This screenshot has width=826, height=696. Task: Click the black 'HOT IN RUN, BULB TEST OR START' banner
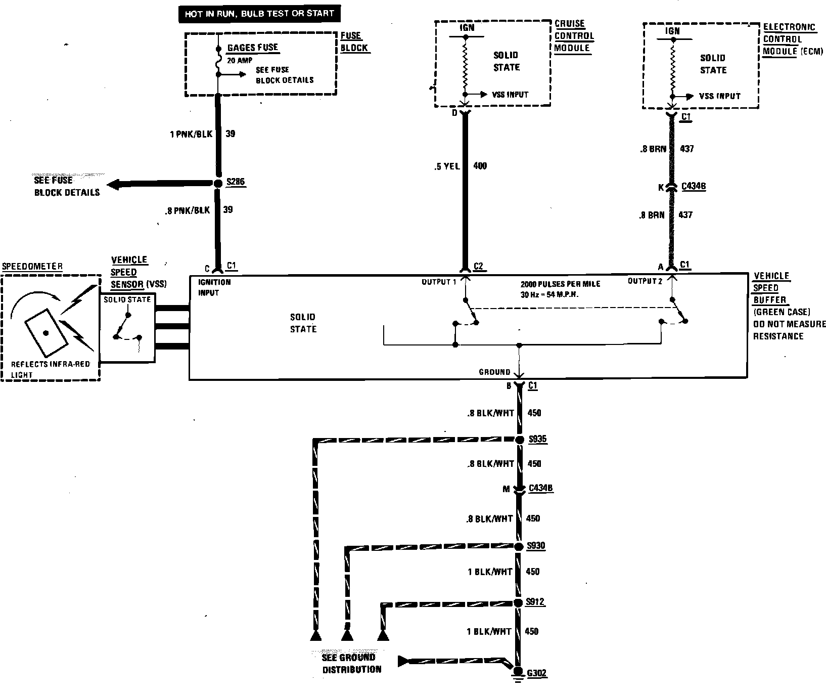tap(259, 14)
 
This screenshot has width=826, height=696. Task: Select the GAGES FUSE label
tap(253, 48)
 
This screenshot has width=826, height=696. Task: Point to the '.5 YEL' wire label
tap(446, 166)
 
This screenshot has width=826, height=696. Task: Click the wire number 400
tap(480, 166)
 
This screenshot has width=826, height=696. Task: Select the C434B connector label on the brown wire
tap(694, 187)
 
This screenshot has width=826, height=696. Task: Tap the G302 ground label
tap(536, 673)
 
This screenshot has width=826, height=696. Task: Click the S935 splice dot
tap(519, 440)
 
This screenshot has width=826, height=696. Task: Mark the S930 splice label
tap(536, 546)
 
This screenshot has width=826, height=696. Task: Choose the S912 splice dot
tap(518, 603)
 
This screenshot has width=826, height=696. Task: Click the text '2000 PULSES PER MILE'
tap(560, 284)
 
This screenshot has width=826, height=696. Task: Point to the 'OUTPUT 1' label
tap(439, 282)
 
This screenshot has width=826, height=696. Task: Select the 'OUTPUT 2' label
tap(645, 281)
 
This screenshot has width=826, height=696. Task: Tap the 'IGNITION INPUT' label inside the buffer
tap(214, 287)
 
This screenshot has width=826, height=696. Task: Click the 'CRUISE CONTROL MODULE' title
tap(574, 36)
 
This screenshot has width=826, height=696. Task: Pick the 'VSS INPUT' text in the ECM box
tap(720, 96)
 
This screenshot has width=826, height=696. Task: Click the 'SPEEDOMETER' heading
tap(33, 267)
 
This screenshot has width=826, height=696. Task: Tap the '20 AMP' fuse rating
tap(240, 60)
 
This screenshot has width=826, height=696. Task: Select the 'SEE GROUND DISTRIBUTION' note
tap(351, 663)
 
